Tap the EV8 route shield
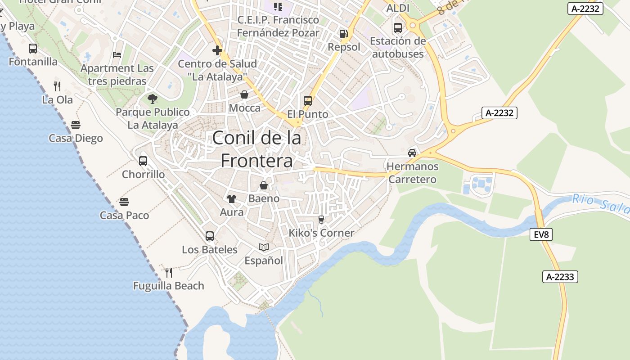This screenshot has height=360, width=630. point(541,234)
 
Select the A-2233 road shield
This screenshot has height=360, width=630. point(560,277)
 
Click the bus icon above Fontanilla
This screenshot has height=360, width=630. point(33,49)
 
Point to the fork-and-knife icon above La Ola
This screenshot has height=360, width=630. point(57,86)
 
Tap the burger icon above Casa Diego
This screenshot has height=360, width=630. point(76,125)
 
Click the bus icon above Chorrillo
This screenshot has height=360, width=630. point(143,161)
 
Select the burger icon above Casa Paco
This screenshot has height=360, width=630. point(124,202)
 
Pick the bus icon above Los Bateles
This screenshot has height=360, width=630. point(209,236)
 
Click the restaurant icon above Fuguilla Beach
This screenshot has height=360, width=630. point(168,272)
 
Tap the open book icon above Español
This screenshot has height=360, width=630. point(264,247)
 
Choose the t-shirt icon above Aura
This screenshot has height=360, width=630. point(232,199)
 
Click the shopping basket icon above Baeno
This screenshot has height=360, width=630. point(264,185)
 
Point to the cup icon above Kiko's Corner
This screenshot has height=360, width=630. point(321,220)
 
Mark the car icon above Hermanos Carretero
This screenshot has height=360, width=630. point(412,153)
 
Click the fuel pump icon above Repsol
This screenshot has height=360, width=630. point(343,33)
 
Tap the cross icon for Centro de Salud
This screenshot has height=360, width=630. point(217,50)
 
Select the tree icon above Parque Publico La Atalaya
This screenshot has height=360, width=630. point(153,99)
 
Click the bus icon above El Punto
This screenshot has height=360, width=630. point(308,101)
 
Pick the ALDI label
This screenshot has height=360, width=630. point(398,9)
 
